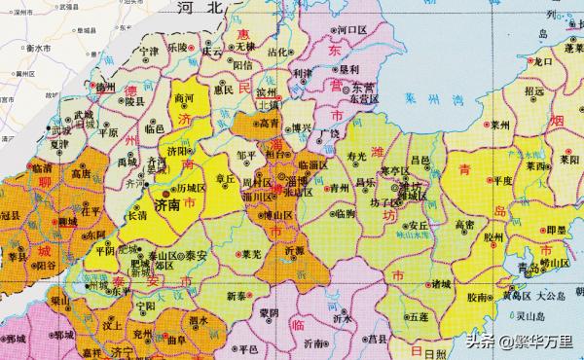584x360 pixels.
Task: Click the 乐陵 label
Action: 177,47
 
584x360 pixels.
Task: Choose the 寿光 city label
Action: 359,155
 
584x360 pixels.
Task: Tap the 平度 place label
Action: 503,180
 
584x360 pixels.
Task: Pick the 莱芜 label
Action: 251,254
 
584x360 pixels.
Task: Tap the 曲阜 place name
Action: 175,342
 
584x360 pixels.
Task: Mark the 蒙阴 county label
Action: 270,311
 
